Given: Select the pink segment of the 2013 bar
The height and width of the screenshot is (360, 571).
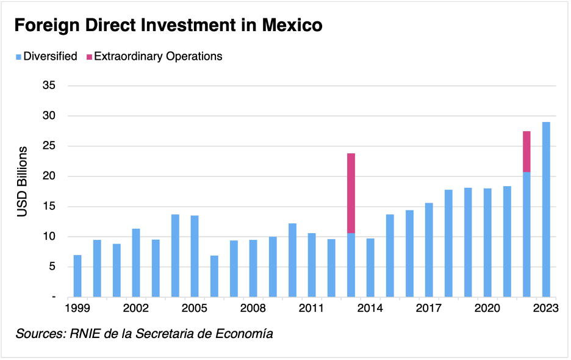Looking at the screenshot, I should point(351,193).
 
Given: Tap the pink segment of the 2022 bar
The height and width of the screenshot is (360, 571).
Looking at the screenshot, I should point(526,151).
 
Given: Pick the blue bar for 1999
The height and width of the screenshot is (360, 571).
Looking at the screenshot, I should point(77,276).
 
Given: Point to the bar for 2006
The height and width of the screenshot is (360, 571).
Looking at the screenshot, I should point(214,276).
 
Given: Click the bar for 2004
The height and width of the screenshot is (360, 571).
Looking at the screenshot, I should point(175,256).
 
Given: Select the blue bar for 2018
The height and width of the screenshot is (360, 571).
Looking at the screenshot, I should point(448,243).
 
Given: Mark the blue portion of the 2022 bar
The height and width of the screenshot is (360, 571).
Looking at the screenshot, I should point(526,234).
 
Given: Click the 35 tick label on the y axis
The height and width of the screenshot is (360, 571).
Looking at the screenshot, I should point(49,85).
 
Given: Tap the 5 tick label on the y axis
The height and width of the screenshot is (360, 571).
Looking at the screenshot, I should point(52,267).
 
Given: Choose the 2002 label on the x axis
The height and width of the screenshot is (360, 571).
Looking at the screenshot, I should point(136,309).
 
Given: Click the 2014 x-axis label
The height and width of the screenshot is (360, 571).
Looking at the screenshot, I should point(370,309).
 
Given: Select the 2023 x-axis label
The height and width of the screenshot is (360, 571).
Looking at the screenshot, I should point(545,309).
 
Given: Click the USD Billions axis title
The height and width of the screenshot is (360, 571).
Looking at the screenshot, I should point(23,181).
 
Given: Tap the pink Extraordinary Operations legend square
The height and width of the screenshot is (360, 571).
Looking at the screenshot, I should point(89,57).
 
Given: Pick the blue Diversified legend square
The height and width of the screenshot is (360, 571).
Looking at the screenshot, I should point(18,57).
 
